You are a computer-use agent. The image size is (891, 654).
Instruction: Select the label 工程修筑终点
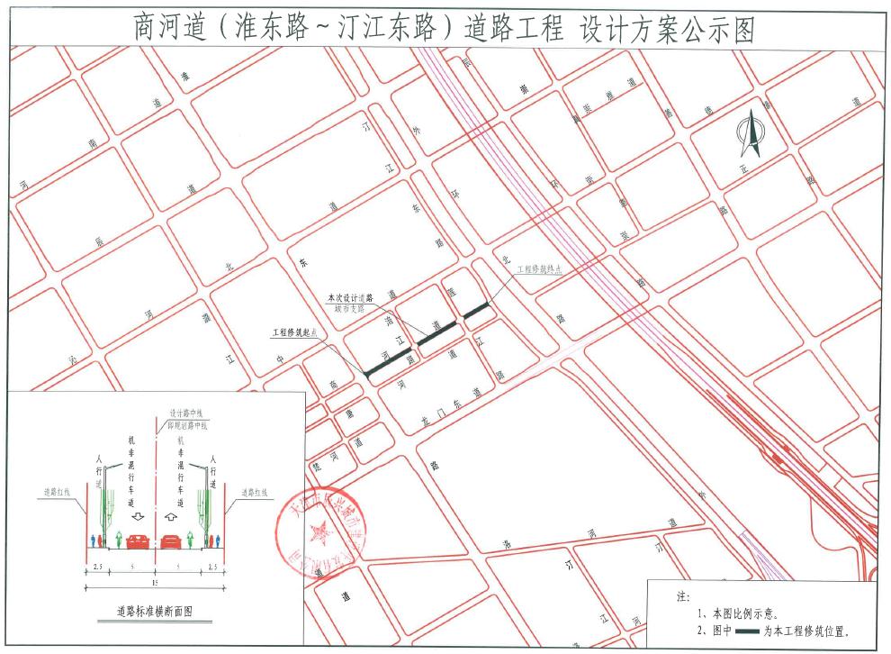click(538, 268)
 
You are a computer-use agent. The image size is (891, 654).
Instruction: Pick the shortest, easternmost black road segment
click(477, 311)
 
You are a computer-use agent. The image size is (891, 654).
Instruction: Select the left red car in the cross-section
click(137, 540)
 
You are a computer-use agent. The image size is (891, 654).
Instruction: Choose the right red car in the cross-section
click(173, 540)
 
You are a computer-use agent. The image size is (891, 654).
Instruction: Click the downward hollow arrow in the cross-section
click(138, 519)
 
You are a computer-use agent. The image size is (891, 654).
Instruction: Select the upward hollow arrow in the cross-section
click(172, 519)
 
